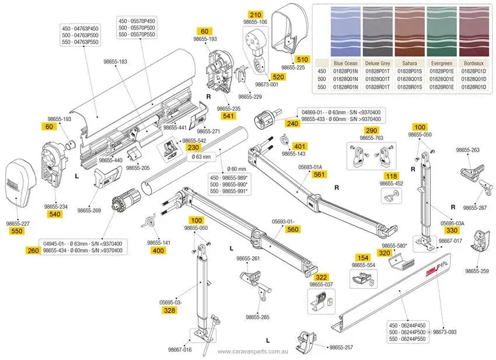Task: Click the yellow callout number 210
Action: [256, 15]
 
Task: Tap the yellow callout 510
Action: [302, 59]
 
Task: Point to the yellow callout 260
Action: [34, 250]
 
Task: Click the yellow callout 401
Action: [299, 146]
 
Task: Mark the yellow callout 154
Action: [364, 257]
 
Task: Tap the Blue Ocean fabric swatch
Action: [344, 32]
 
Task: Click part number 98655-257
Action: [341, 347]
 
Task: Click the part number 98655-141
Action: [158, 242]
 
